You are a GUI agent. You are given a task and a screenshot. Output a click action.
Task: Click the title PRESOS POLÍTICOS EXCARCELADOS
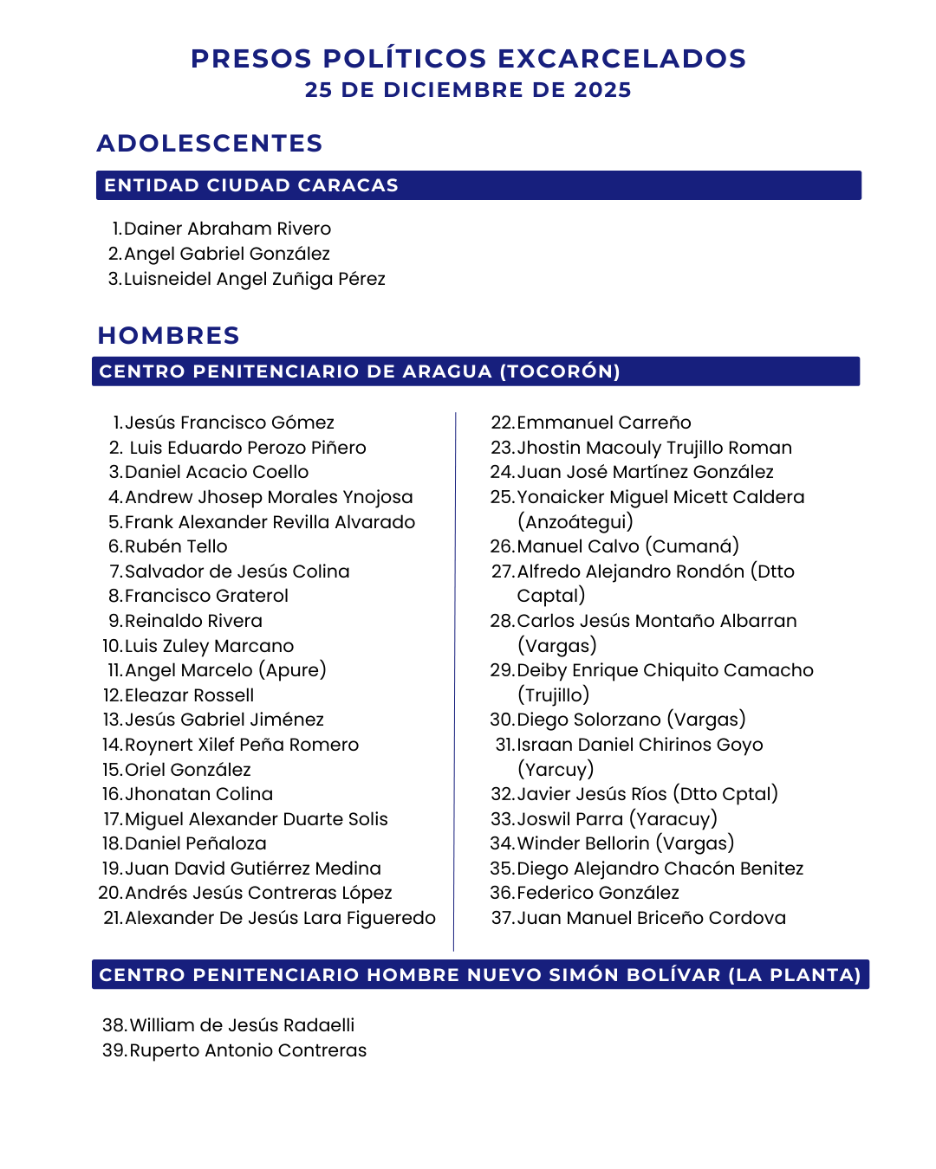pos(468,59)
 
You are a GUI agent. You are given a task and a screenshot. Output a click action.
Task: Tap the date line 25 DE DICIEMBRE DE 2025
pos(468,90)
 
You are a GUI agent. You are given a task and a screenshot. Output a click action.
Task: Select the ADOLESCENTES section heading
pos(210,143)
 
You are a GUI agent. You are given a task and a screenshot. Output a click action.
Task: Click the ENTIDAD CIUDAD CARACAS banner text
pos(251,185)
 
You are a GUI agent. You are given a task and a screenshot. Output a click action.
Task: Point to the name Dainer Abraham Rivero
pos(227,229)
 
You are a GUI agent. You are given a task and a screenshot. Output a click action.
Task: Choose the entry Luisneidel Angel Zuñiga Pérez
pos(254,279)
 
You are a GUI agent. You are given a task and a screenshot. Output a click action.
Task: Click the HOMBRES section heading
pos(169,335)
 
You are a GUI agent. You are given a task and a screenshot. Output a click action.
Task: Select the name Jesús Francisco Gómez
pos(230,423)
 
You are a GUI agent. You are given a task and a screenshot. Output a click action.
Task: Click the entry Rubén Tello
pos(176,546)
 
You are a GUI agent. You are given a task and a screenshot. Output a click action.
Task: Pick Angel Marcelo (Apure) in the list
pos(225,670)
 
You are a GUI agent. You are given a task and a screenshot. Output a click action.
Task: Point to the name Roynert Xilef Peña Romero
pos(242,745)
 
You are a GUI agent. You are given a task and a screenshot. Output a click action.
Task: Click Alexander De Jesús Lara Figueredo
pos(280,918)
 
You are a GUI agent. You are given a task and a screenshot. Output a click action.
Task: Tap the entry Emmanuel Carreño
pos(604,423)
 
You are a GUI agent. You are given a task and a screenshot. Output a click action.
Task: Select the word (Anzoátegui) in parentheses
pos(575,521)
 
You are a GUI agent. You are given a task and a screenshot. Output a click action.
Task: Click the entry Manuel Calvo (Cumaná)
pos(627,546)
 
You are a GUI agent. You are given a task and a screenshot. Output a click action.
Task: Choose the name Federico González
pos(598,893)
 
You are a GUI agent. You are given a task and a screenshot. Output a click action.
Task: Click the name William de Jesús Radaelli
pos(242,1025)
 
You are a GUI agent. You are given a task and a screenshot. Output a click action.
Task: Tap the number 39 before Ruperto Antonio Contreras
pos(114,1050)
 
